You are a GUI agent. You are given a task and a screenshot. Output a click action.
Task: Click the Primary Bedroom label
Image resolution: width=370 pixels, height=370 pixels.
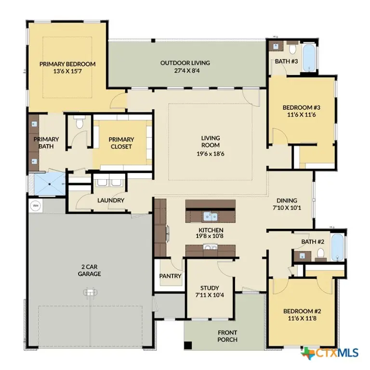tap(67, 64)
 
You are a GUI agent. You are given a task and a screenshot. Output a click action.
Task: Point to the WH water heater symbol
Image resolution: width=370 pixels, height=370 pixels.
tap(35, 206)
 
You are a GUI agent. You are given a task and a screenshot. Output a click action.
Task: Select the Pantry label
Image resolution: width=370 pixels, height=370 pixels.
tap(170, 276)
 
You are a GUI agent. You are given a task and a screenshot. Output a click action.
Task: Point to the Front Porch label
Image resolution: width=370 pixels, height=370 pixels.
tap(227, 336)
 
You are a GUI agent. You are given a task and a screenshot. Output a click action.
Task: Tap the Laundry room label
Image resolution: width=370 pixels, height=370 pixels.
tap(111, 200)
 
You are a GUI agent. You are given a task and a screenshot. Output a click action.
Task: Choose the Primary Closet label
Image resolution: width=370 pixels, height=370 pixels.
tap(121, 143)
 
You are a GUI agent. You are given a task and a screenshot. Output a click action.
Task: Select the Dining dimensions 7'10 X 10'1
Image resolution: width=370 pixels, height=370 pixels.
tap(287, 209)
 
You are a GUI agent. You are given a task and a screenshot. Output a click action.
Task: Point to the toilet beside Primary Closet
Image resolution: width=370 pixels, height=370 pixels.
tap(79, 124)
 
